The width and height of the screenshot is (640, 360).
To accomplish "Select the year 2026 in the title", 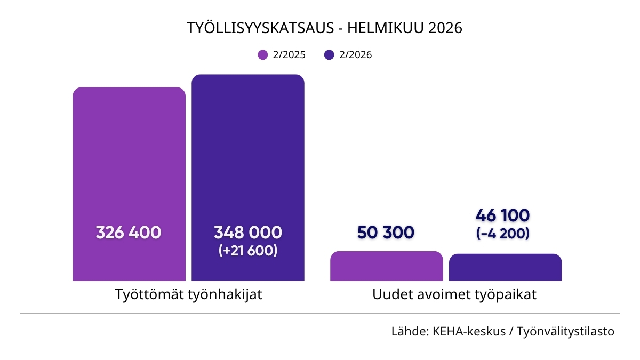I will [x=443, y=28].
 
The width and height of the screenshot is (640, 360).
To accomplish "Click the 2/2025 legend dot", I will [x=262, y=55].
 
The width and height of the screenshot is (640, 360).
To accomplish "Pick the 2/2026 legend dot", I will [x=329, y=55].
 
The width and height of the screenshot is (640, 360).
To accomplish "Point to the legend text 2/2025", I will [x=289, y=55].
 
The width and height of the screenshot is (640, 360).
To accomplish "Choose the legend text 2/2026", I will [x=355, y=55].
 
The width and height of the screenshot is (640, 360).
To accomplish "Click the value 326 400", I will [x=129, y=233].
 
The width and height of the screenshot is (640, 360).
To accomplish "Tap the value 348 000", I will [x=248, y=233].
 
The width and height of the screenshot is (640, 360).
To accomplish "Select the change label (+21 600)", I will [x=248, y=251].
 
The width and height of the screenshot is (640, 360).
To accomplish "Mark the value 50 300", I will [x=386, y=233].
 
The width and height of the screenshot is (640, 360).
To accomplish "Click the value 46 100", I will [x=502, y=215].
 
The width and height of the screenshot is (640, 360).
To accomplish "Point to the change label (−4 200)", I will [x=502, y=233].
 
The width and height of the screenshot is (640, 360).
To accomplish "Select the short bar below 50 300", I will [x=387, y=266].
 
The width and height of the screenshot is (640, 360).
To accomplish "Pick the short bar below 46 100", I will [x=505, y=267].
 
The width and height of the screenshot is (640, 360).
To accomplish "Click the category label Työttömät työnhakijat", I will [x=189, y=295].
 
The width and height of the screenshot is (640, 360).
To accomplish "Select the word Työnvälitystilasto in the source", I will [x=566, y=331].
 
